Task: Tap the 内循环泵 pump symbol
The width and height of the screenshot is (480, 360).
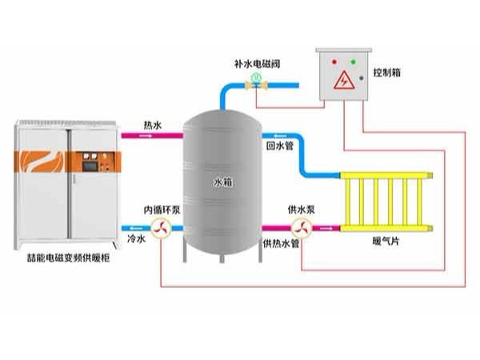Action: [x=161, y=230]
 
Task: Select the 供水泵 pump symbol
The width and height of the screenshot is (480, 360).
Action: [x=302, y=229]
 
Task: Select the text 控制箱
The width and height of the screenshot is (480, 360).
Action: [x=386, y=72]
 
